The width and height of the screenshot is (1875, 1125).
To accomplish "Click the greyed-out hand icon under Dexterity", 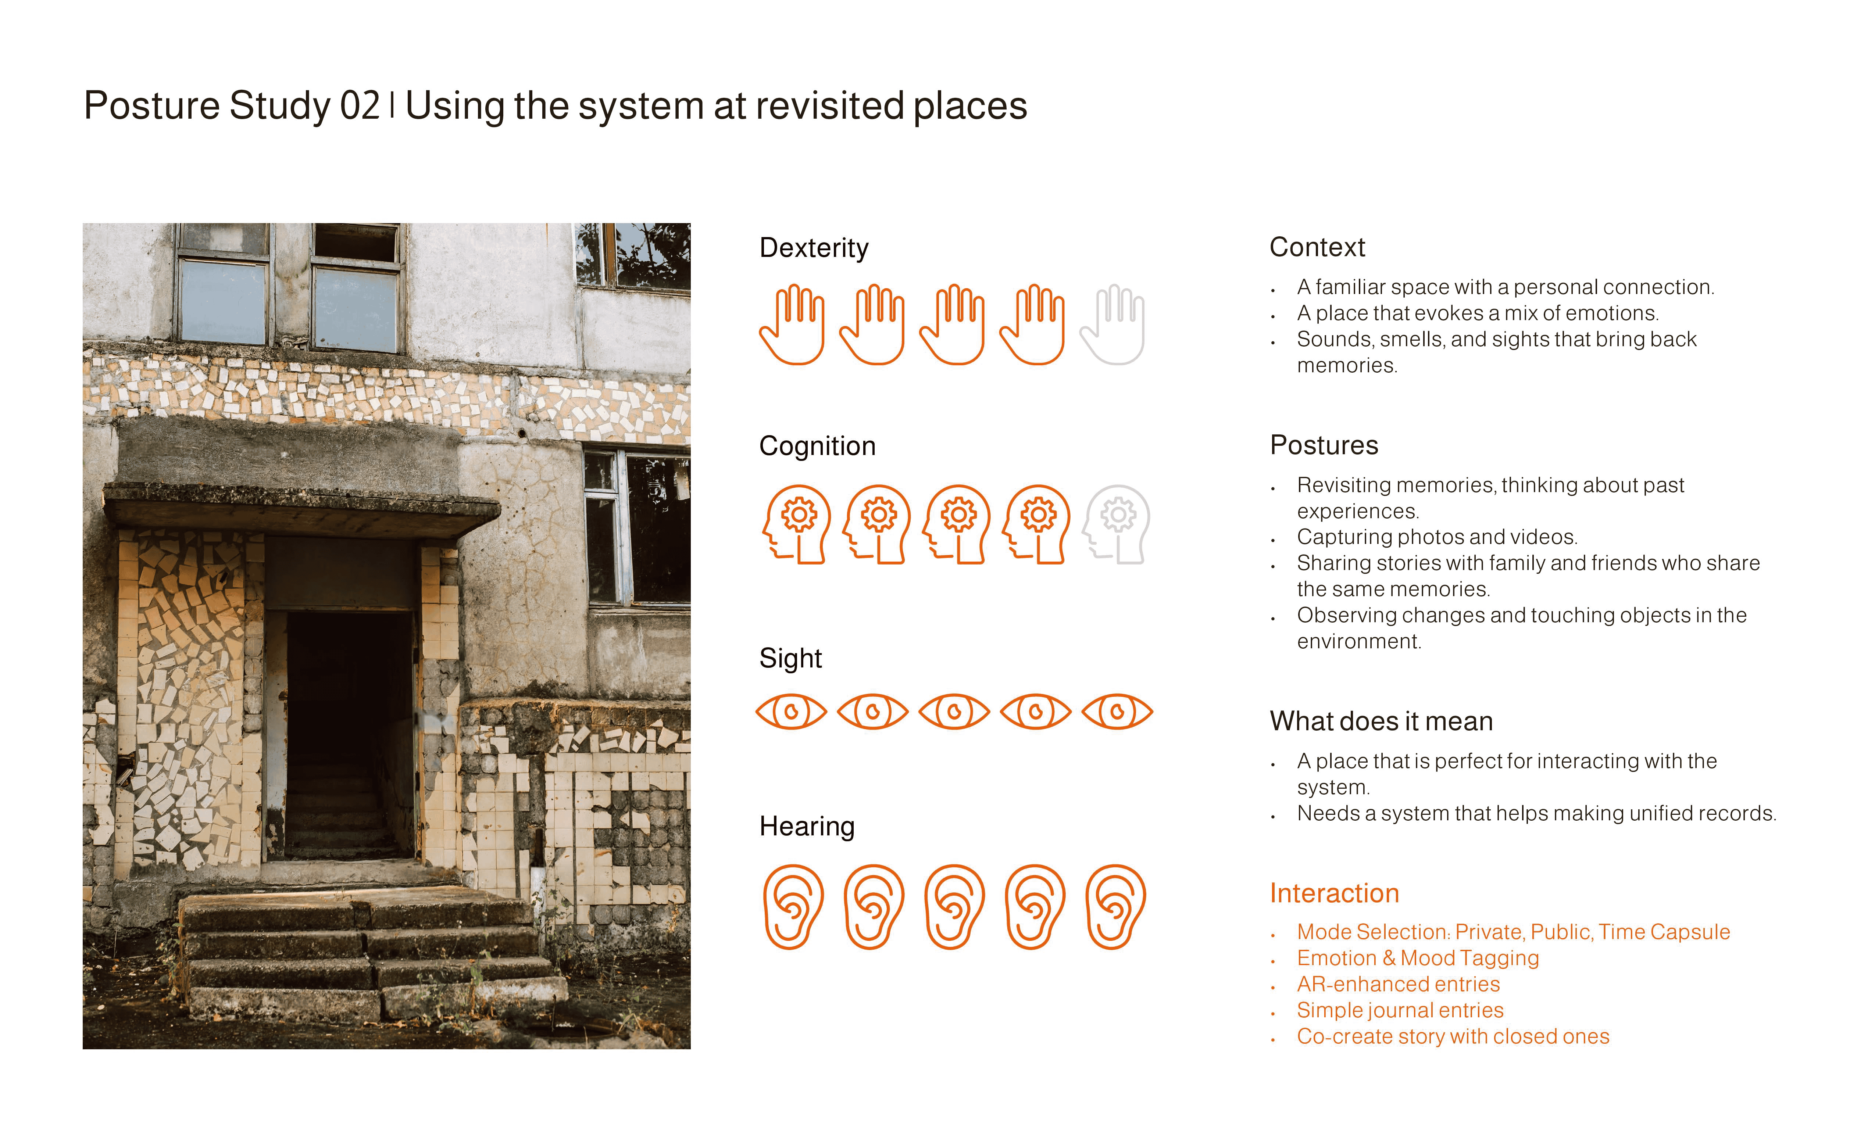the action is pos(1111,325).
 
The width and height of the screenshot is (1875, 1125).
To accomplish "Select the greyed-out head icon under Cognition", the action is pos(1116,524).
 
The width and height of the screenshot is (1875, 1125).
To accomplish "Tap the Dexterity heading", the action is pos(814,248).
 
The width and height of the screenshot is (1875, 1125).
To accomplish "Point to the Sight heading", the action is pos(790,658).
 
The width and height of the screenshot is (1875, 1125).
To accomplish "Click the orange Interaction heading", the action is pos(1334,893).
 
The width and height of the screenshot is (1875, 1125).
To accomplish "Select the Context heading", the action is pos(1317,247).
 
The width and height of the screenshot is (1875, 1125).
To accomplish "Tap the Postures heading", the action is pos(1324,445).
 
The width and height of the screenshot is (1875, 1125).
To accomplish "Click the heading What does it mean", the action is pos(1381,721).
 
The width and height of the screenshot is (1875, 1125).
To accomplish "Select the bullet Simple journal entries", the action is pos(1400,1011).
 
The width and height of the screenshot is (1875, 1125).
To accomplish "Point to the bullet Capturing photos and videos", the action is pos(1437,537).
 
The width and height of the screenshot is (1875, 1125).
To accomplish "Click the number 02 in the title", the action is pos(360,105).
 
